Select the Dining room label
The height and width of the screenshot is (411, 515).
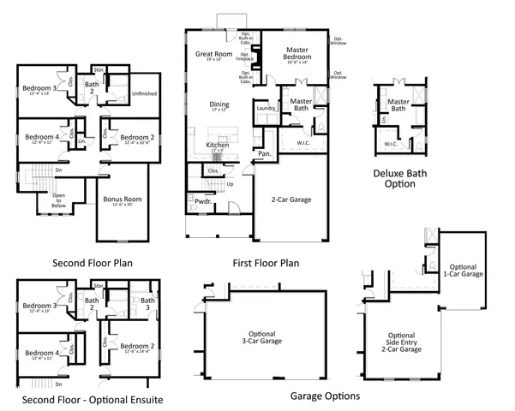point(219,105)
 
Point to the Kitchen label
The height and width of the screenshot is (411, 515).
point(218,146)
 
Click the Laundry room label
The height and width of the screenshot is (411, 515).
point(265,108)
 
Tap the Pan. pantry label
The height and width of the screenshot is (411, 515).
point(265,154)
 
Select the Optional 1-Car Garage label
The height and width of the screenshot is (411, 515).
point(466,271)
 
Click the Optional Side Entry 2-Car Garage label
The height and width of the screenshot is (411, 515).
point(401,342)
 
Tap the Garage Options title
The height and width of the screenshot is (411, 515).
point(325,396)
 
